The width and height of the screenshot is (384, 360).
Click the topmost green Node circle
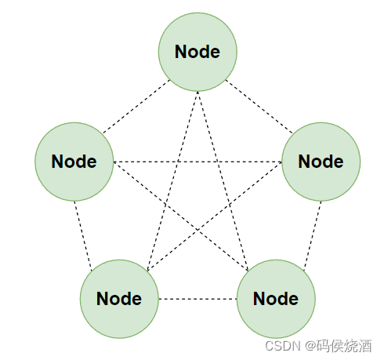[197, 52]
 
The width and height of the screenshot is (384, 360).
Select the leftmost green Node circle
[74, 162]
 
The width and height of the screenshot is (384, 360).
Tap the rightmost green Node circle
[321, 162]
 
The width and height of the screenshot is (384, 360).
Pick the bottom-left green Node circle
[119, 299]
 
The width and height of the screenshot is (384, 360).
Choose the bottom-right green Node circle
[276, 299]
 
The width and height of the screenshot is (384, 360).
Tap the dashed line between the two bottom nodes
[197, 299]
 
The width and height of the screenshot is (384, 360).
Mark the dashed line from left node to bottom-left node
[84, 231]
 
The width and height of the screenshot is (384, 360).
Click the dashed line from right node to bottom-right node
[311, 231]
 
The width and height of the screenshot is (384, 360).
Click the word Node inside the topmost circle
[197, 52]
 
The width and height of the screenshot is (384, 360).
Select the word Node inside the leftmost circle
[74, 162]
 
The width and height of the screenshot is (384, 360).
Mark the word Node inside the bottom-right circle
[276, 299]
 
